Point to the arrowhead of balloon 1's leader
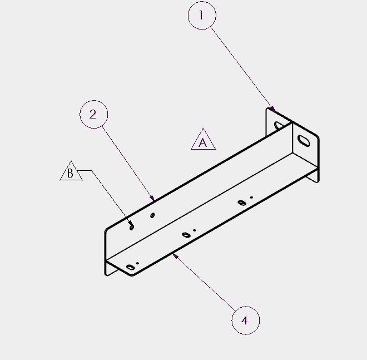tap(272, 109)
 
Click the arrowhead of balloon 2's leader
tap(152, 198)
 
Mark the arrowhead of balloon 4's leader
tap(175, 256)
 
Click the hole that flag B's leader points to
tap(132, 227)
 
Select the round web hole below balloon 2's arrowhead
tap(152, 215)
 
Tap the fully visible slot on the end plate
tap(304, 141)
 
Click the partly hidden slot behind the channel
tap(279, 125)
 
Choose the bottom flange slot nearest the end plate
tap(242, 203)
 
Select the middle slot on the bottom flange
tap(186, 235)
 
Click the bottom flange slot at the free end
tap(130, 267)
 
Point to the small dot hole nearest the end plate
tap(251, 198)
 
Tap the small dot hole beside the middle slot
tap(195, 230)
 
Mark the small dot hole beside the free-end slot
tap(137, 263)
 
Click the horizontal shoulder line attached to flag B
tap(85, 170)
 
